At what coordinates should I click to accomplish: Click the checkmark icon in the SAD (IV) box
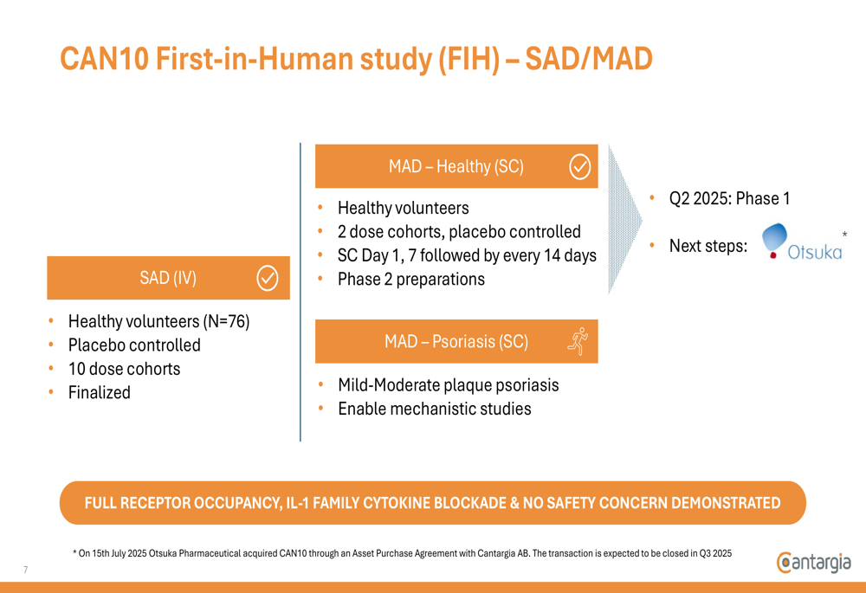[x=268, y=278]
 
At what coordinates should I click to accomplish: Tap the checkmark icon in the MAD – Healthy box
[x=580, y=167]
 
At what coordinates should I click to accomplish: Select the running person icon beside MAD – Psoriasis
[x=578, y=341]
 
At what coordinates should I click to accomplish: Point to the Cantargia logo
[x=813, y=563]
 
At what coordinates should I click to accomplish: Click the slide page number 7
[x=25, y=570]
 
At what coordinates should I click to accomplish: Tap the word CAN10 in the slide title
[x=105, y=59]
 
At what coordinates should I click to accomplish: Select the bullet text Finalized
[x=100, y=392]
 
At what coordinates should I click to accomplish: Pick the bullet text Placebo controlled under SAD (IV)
[x=134, y=345]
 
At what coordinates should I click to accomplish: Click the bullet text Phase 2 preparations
[x=410, y=280]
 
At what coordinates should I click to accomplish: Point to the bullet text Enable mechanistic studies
[x=435, y=409]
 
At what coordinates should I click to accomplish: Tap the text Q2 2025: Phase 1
[x=729, y=198]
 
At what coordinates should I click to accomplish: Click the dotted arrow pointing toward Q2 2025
[x=625, y=220]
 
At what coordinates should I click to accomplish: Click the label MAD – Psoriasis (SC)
[x=456, y=341]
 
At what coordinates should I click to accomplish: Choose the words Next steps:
[x=708, y=246]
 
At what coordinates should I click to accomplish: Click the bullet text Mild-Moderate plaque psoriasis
[x=449, y=385]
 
